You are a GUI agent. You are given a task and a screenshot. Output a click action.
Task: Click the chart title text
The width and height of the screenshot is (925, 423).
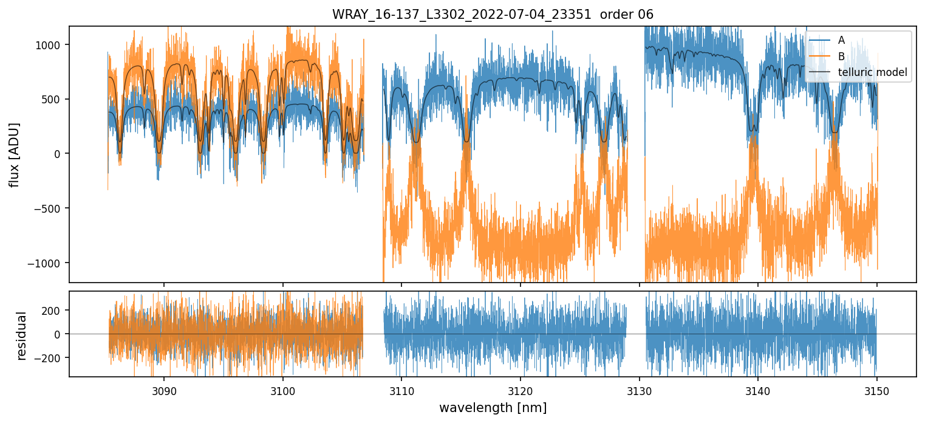point(493,15)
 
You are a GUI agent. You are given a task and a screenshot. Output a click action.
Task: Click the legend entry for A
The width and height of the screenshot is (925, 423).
point(841,40)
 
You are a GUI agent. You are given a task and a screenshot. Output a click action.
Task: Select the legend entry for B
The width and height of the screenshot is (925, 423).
point(841,57)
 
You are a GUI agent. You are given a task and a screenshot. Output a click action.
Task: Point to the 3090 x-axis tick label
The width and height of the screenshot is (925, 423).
point(164,390)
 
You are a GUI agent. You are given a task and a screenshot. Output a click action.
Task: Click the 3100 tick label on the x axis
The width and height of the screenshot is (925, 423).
point(283,390)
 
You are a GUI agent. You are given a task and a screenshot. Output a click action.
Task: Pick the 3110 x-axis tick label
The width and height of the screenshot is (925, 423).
point(401,390)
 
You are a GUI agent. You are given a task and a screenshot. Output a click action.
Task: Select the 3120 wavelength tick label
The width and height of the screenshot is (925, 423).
point(521,390)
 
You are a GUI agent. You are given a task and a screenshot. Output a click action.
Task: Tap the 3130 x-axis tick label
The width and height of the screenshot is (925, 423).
point(640,390)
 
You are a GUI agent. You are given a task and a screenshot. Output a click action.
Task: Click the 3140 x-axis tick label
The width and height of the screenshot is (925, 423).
point(758,390)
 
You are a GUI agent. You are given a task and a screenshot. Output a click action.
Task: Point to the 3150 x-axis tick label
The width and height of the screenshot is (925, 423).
point(877,390)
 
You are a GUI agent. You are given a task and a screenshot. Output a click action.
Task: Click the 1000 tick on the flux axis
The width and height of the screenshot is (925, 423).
point(52,45)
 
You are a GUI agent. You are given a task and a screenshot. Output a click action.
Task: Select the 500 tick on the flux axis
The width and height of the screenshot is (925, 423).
point(55,100)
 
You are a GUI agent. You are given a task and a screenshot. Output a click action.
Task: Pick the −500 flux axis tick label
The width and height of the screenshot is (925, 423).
point(52,208)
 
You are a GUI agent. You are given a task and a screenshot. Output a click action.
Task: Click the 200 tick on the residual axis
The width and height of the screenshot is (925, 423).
point(55,310)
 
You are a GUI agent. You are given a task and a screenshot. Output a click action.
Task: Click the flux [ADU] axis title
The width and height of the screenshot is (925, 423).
point(14,154)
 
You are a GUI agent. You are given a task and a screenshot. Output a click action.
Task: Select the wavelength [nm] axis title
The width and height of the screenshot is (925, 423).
point(493,407)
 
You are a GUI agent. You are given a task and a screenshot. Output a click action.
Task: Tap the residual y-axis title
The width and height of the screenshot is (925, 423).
point(22,335)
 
